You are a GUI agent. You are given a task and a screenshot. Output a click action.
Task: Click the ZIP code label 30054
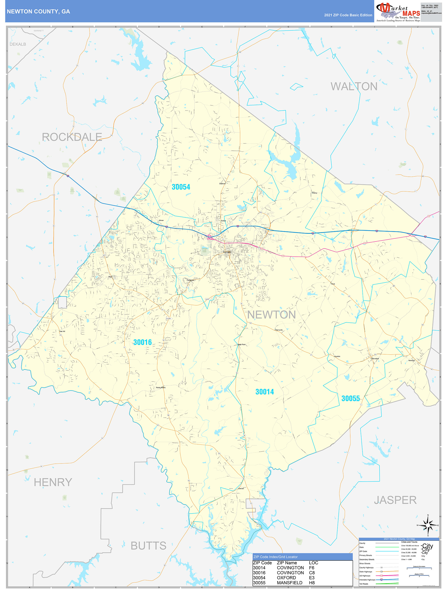(x=181, y=187)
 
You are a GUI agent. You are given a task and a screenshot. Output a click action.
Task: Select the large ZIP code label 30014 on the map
(x=264, y=392)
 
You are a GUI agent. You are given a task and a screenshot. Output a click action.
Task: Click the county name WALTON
(x=354, y=87)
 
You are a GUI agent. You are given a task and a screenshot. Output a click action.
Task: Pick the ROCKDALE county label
(x=72, y=137)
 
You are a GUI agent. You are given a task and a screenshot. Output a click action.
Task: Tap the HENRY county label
(x=53, y=482)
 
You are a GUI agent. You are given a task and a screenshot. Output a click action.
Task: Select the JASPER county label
(x=395, y=500)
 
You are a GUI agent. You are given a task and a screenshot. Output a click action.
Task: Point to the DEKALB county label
(x=18, y=44)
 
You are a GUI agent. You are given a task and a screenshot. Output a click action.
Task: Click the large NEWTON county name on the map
(x=271, y=315)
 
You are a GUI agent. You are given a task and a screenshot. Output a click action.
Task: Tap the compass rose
(x=428, y=525)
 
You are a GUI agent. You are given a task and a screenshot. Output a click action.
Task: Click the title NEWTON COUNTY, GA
(x=38, y=12)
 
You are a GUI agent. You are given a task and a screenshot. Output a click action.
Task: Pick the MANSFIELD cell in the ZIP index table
(x=289, y=583)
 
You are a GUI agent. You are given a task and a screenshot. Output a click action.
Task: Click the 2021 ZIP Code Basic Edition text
(x=348, y=15)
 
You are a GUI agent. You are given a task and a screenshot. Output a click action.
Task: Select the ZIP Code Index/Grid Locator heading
(x=275, y=557)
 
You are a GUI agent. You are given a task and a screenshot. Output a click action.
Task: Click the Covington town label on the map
(x=227, y=252)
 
